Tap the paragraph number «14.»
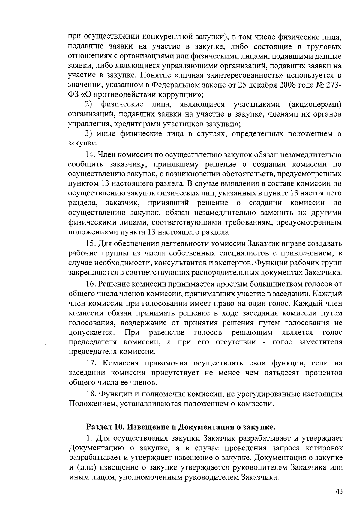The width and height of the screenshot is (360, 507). coord(91,155)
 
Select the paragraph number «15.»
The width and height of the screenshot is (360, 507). coord(91,243)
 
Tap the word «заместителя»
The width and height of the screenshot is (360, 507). coord(320,342)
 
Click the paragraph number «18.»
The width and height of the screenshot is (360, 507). coord(91,394)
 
